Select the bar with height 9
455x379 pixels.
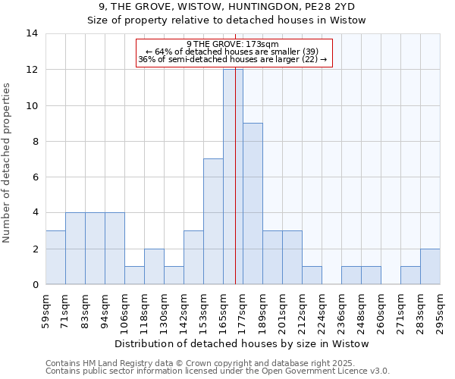click(x=253, y=203)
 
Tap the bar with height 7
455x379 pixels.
click(x=213, y=221)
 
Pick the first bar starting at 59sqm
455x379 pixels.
click(x=55, y=257)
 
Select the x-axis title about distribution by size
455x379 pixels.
click(x=243, y=343)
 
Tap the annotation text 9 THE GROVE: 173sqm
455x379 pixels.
click(x=233, y=45)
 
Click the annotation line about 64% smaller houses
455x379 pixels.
click(x=233, y=52)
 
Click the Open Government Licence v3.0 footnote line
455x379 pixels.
click(x=218, y=371)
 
